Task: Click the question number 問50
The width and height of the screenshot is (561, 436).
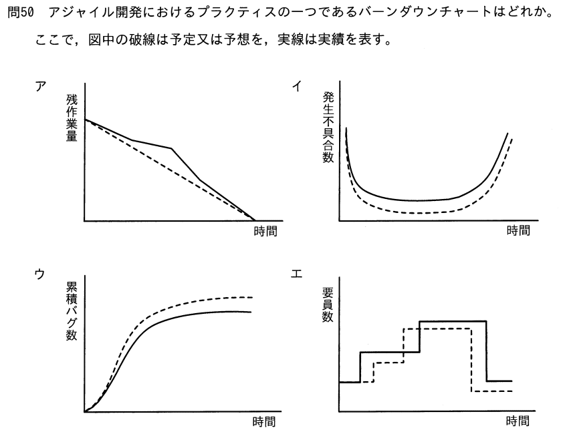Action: coord(21,13)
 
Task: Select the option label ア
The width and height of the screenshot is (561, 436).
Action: coord(40,87)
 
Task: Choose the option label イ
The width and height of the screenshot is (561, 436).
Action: coord(297,86)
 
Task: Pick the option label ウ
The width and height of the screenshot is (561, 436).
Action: coord(39,274)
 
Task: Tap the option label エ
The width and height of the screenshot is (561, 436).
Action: coord(297,274)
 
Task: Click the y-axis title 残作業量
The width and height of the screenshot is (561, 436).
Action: coord(72,118)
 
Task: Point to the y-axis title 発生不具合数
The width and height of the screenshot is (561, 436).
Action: coord(328,128)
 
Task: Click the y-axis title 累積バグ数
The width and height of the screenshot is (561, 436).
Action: coord(72,311)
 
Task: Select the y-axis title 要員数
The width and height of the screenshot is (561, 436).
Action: coord(328,304)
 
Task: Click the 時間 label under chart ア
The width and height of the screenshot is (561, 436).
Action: coord(265,231)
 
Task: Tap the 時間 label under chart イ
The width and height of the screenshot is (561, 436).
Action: coord(518,230)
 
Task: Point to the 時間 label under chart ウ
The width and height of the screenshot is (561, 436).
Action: coord(264,422)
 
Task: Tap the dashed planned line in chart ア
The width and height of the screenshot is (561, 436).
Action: coord(170,170)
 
